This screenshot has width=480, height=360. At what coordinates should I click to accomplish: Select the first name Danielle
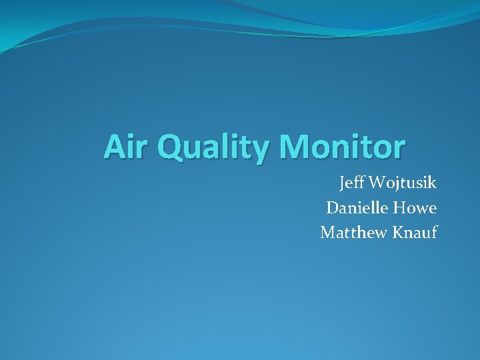click(357, 208)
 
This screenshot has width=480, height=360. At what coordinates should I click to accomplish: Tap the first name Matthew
click(353, 233)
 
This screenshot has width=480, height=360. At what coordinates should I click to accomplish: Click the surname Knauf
click(414, 233)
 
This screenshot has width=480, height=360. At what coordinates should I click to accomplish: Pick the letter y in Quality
click(257, 150)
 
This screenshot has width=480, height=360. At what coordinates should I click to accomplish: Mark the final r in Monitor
click(398, 149)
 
